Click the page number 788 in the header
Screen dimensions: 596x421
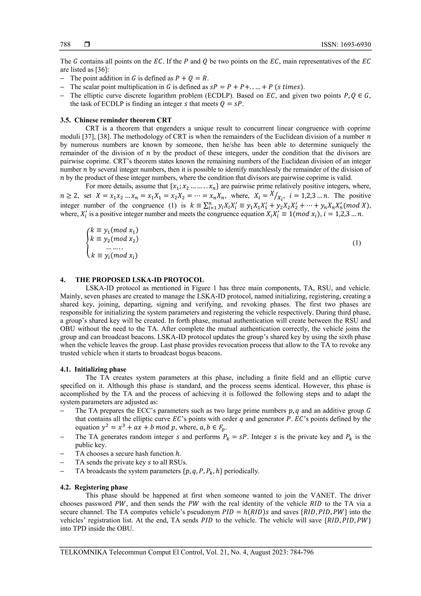tap(65, 45)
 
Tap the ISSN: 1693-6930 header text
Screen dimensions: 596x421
tap(346, 45)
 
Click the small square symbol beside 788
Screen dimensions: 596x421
tap(87, 45)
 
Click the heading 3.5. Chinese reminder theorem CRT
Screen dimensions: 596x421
tap(116, 120)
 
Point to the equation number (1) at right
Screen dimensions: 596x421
tap(357, 243)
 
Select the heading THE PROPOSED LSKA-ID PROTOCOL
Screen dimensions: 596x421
tap(140, 280)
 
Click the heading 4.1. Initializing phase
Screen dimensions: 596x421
tap(93, 369)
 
